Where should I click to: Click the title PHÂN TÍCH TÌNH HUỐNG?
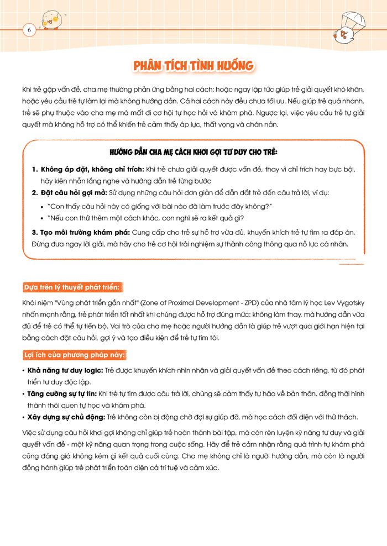(x=193, y=66)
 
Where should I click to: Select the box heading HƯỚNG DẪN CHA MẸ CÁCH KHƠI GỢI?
(x=193, y=152)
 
